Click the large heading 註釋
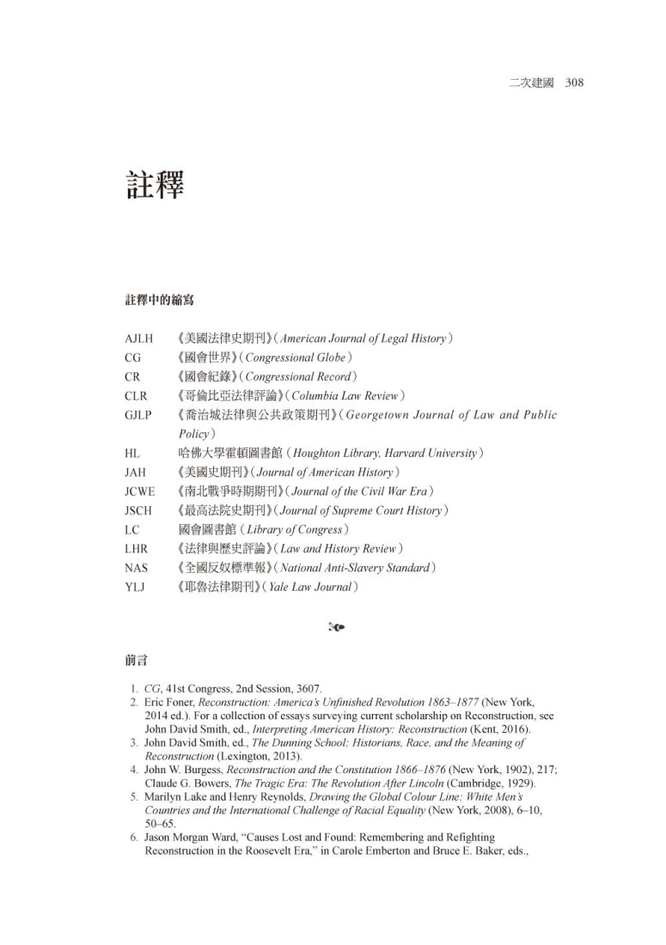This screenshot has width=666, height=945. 155,184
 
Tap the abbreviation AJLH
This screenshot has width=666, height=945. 139,338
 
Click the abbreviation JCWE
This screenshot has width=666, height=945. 140,491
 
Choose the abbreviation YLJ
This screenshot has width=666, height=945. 136,587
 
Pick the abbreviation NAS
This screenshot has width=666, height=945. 137,568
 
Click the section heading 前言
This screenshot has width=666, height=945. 136,661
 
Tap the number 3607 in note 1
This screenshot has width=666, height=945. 306,689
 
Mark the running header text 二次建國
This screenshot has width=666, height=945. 530,83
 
